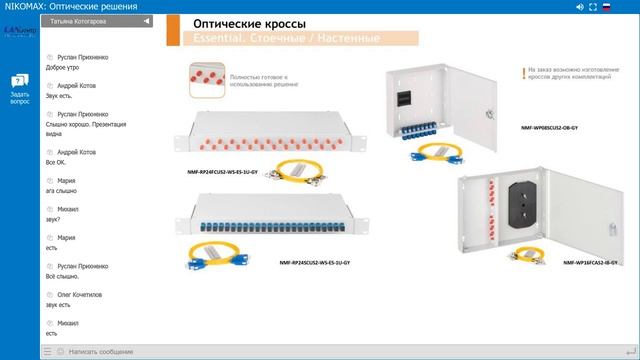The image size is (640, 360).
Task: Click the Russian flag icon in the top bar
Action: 606,7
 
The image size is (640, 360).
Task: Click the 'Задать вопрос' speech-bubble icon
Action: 20,81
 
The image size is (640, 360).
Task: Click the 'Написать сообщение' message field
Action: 100,352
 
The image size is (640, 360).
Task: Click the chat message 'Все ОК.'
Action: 58,161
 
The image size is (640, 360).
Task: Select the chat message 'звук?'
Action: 54,219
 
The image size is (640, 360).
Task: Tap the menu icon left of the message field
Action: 47,352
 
